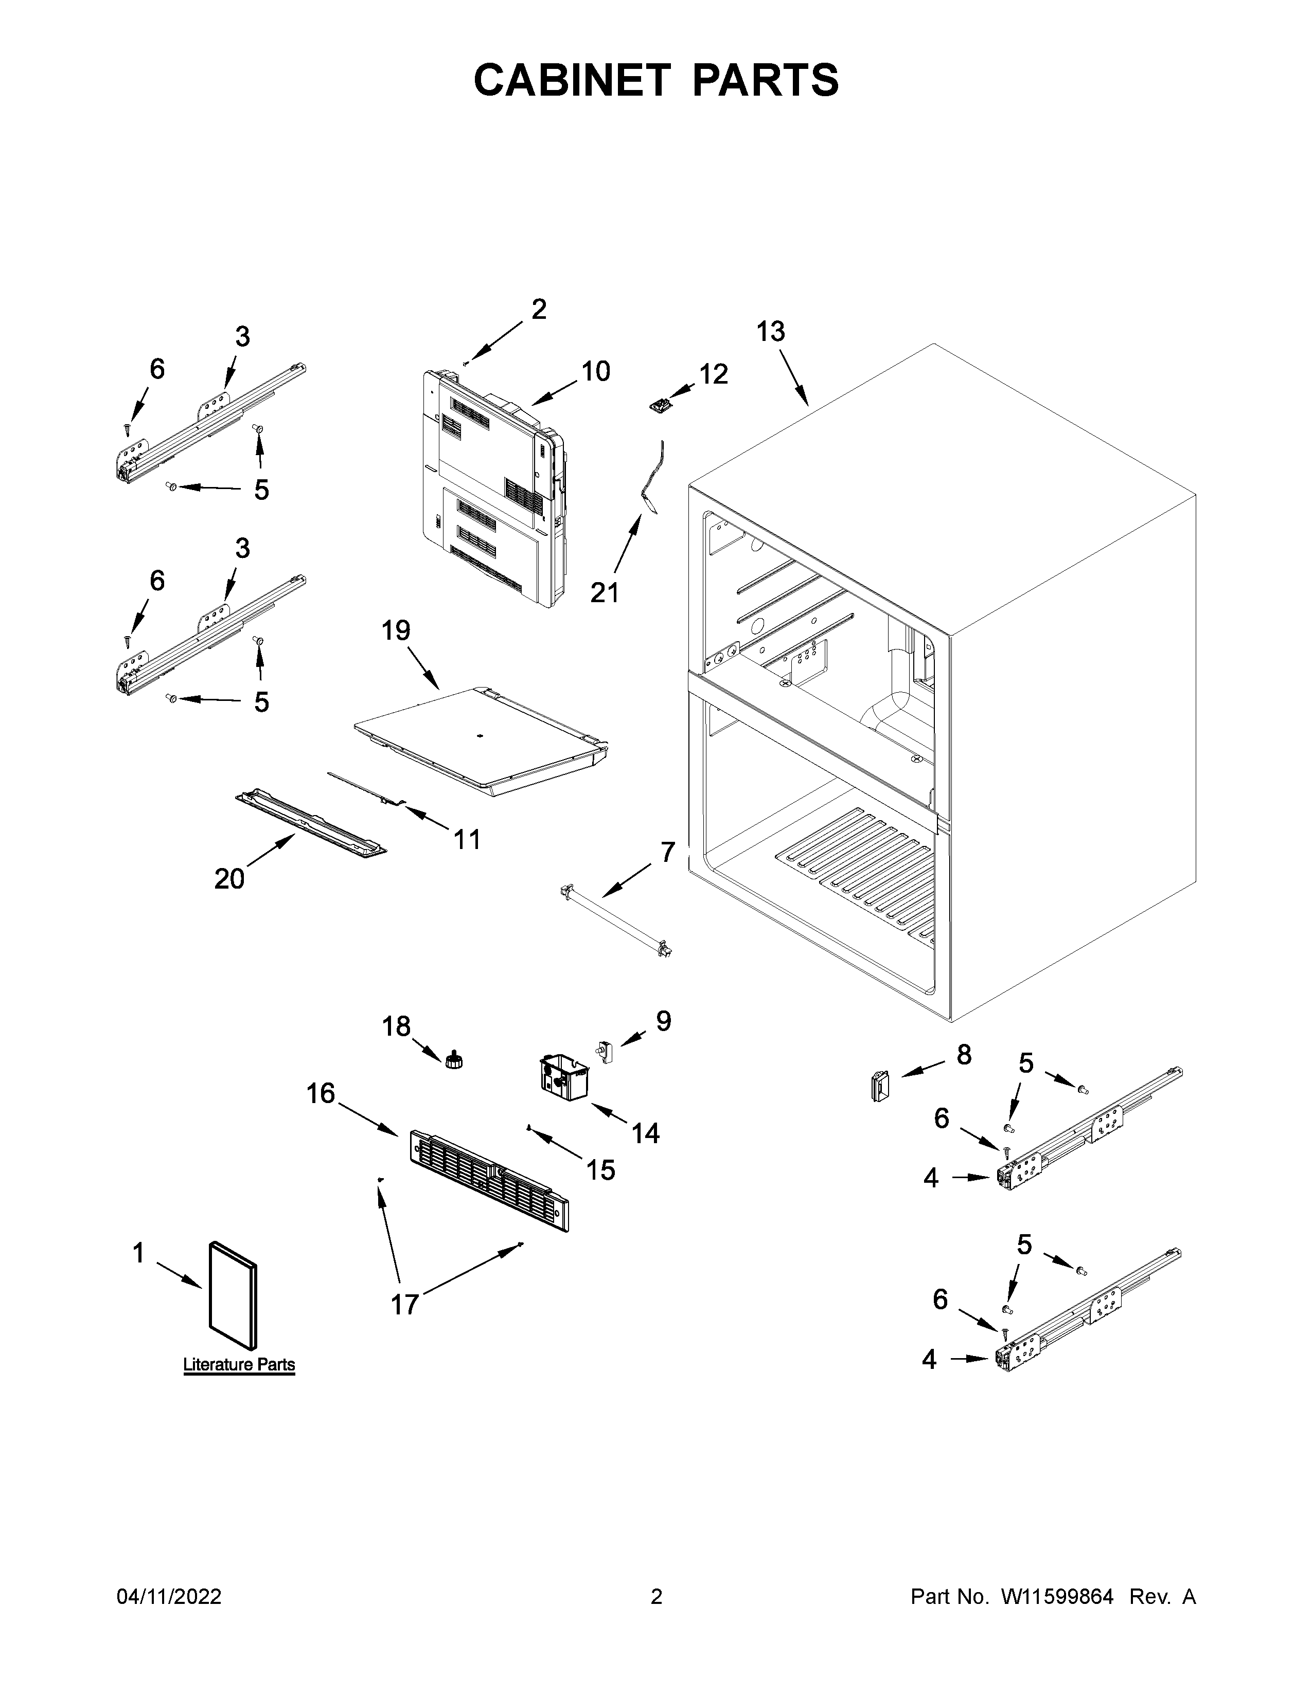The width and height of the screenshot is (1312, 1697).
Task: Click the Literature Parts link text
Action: point(239,1364)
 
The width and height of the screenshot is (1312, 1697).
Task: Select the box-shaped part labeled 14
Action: point(563,1076)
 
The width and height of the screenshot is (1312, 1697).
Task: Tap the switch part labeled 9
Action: point(604,1052)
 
